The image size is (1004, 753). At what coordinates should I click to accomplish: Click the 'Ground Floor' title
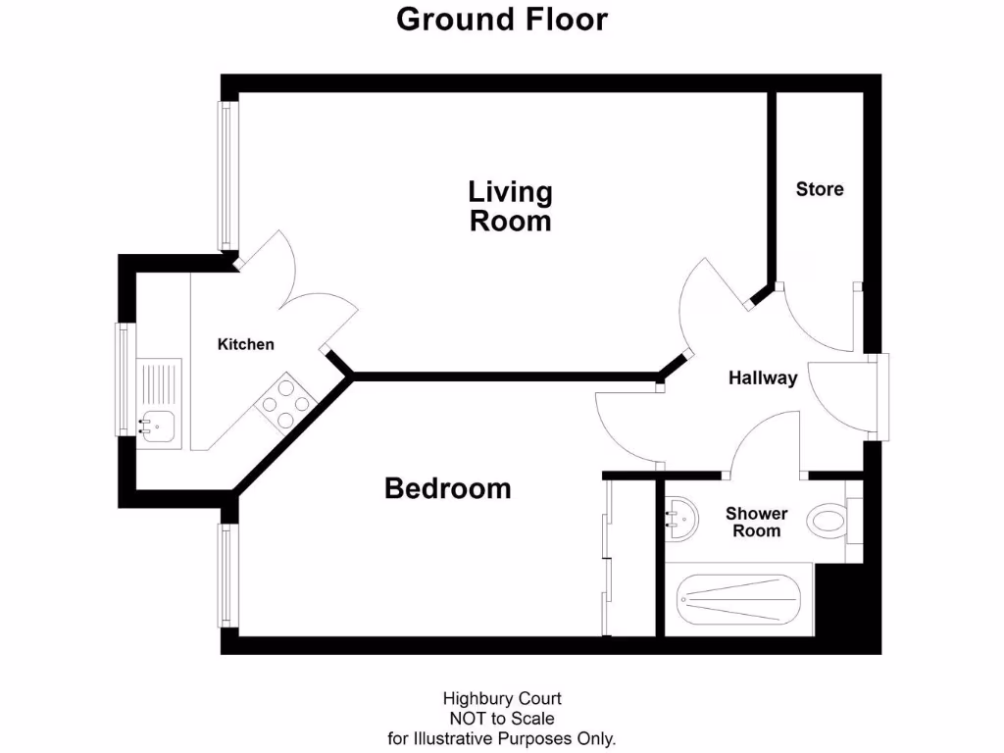[x=501, y=19]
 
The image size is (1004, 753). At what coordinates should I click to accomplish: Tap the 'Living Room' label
[x=510, y=206]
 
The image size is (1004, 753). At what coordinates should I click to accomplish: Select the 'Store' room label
[x=819, y=189]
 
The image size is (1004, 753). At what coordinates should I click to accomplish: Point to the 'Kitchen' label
[x=245, y=344]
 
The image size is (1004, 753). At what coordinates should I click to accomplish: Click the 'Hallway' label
[x=763, y=378]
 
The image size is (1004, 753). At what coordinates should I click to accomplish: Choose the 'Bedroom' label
[x=447, y=487]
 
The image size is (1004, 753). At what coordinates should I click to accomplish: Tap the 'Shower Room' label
[x=756, y=522]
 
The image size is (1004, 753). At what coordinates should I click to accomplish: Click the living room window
[x=226, y=176]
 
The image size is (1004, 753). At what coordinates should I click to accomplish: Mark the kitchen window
[x=123, y=378]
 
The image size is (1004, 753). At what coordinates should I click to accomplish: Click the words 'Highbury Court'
[x=502, y=699]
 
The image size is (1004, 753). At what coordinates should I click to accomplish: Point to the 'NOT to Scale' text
[x=502, y=719]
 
